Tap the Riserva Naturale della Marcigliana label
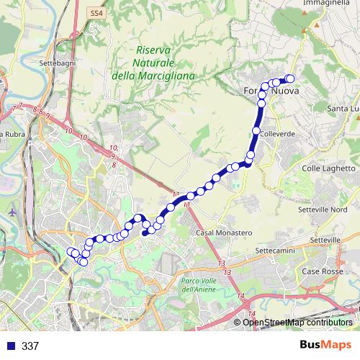point(151,62)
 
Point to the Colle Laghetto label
point(324,168)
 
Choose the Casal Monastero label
point(224,233)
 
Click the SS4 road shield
point(96,12)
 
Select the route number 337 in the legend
point(30,346)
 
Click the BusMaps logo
point(325,345)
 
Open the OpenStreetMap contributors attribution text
point(297,322)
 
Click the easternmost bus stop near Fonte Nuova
point(291,78)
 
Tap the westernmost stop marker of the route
point(71,251)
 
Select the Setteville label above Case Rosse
point(323,239)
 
